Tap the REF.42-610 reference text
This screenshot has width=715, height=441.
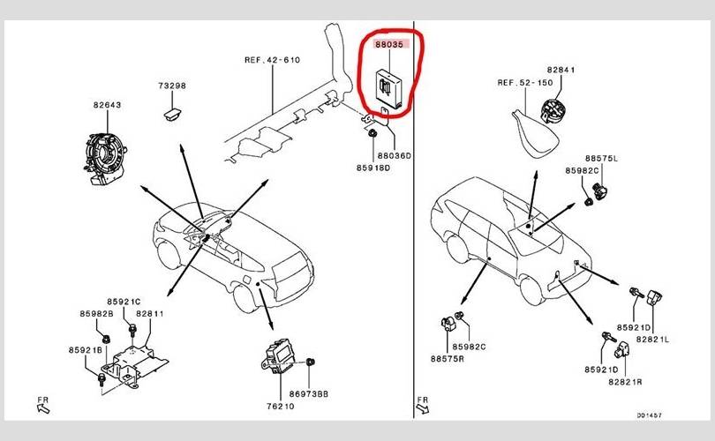coord(273,60)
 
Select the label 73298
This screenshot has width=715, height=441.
coord(173,86)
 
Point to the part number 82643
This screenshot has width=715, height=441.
coord(108,105)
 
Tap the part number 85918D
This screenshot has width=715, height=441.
coord(373,168)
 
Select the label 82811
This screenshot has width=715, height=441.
coord(149,313)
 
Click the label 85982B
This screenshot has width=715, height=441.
coord(96,313)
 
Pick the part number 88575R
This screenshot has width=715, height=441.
coord(448,359)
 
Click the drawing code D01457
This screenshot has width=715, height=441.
coord(650,415)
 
